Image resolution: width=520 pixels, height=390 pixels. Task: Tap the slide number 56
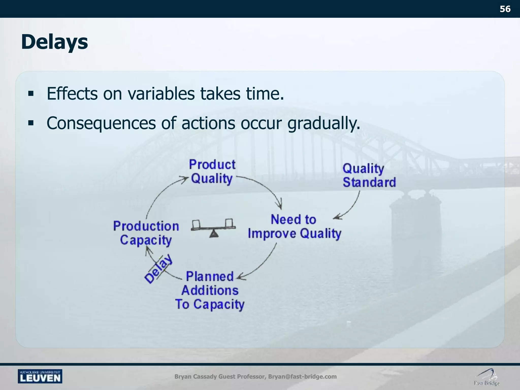point(505,9)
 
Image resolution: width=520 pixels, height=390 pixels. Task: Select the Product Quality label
point(212,172)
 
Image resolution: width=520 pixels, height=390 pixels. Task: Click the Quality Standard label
point(369,175)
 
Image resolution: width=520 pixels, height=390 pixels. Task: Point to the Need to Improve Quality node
point(295,227)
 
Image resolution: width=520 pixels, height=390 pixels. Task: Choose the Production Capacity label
point(146,233)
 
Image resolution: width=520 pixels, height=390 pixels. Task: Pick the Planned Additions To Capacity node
point(210,290)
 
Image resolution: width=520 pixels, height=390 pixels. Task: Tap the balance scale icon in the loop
point(213,228)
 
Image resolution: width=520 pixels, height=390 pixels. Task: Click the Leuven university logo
point(40,376)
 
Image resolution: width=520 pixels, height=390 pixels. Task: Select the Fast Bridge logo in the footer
point(486,377)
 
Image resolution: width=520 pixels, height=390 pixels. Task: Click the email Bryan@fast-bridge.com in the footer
point(302,377)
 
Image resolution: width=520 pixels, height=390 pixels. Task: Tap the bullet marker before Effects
point(31,94)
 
